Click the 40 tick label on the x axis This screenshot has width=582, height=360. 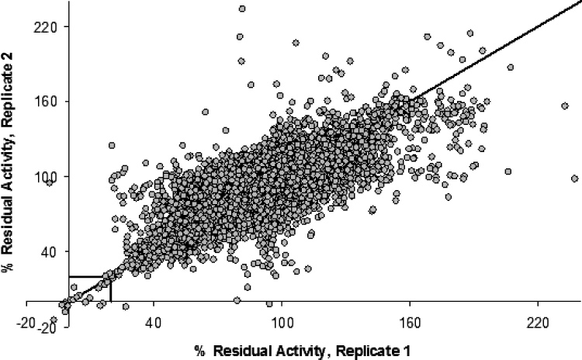point(152,321)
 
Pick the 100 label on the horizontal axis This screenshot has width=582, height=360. point(281,321)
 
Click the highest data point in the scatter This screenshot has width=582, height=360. point(242,9)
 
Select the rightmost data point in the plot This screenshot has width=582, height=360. point(575,178)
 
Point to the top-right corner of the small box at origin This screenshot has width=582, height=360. point(111,276)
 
